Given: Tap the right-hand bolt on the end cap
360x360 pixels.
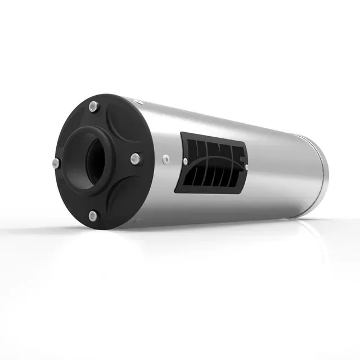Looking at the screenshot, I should (134, 159).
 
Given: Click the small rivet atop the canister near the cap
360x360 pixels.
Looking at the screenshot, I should (141, 103).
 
